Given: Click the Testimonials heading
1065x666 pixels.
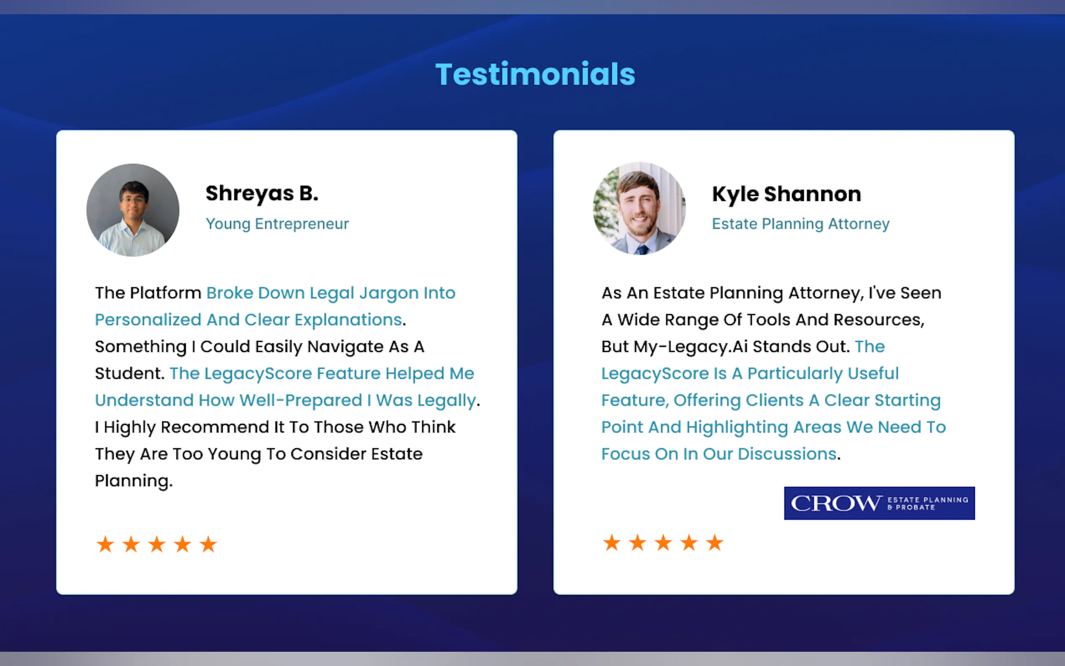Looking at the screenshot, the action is [535, 73].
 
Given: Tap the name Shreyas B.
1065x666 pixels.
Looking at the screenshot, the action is [262, 194].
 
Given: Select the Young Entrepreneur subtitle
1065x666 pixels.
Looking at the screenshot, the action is [278, 224].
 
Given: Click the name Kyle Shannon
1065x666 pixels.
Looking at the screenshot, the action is [787, 194].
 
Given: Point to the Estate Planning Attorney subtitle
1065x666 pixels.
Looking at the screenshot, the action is [801, 224].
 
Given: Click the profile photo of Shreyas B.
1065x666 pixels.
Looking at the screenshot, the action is [133, 210].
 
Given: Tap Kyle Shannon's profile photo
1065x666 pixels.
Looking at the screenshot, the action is [639, 208].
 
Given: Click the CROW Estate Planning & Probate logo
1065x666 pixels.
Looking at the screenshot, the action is [879, 503].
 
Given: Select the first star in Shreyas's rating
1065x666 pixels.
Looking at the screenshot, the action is [105, 544].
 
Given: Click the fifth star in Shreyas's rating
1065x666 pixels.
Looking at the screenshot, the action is [208, 544].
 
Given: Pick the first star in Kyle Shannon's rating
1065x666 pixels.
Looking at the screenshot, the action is [611, 543].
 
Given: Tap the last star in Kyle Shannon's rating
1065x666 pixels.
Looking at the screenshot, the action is [714, 543].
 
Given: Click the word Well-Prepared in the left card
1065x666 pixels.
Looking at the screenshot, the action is [301, 401].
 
